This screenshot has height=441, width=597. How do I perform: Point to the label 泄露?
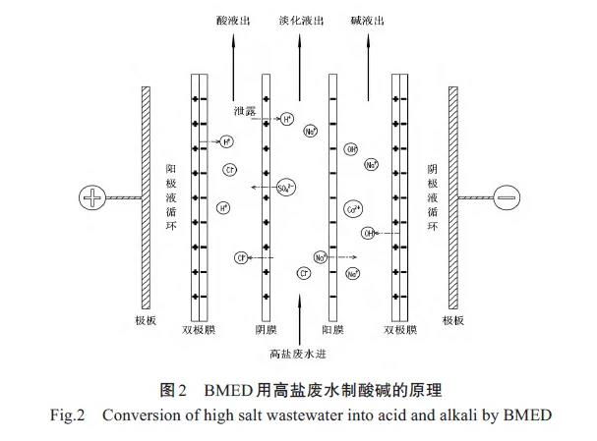245,111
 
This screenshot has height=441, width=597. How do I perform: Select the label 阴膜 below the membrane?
265,330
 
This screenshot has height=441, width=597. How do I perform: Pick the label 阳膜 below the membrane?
331,330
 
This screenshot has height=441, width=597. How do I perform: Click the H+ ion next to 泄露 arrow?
286,120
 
